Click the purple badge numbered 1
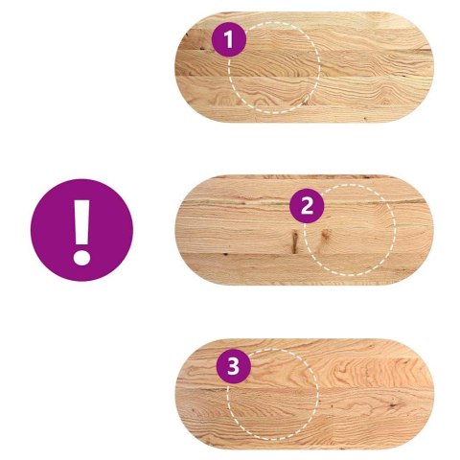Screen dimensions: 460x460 click(x=229, y=40)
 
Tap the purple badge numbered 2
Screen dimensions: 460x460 click(x=307, y=206)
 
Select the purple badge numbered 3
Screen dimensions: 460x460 click(x=234, y=366)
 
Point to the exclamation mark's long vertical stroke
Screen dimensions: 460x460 click(x=81, y=222)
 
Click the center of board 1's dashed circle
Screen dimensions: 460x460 click(x=274, y=68)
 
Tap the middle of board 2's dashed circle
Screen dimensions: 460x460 click(x=350, y=230)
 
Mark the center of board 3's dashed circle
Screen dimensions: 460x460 click(x=272, y=394)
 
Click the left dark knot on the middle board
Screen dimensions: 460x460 click(x=294, y=241)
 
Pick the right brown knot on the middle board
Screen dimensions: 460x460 click(x=325, y=237)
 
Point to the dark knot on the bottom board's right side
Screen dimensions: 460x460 click(x=393, y=405)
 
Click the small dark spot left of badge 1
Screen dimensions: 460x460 click(x=202, y=49)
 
